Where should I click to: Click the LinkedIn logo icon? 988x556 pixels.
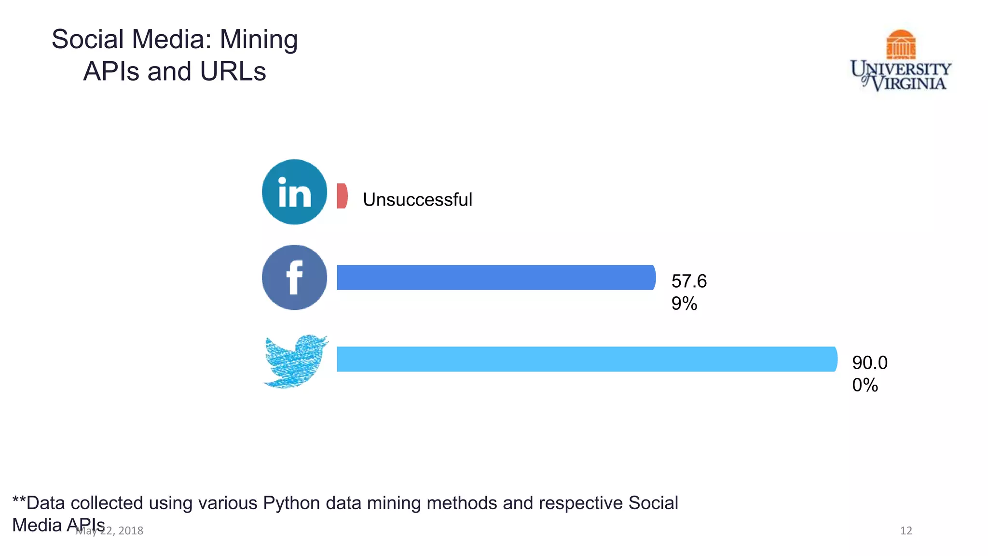(x=294, y=192)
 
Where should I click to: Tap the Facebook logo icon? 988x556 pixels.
(x=294, y=278)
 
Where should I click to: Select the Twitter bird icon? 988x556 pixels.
(x=295, y=361)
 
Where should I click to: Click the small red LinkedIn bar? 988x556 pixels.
(x=342, y=196)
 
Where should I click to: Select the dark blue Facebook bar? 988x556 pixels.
(x=495, y=278)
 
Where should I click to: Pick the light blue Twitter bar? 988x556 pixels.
(x=586, y=359)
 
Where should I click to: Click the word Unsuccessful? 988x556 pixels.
(x=417, y=200)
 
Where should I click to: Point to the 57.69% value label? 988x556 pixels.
(x=688, y=292)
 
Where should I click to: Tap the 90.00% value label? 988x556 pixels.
(x=869, y=374)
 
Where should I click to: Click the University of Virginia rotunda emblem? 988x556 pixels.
(x=901, y=44)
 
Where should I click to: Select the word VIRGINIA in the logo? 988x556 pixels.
(x=909, y=83)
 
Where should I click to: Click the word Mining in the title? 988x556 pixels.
(x=259, y=40)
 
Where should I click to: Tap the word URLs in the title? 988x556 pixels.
(x=233, y=71)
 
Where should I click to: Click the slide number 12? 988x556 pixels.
(x=906, y=531)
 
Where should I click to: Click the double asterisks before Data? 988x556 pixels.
(x=19, y=501)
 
